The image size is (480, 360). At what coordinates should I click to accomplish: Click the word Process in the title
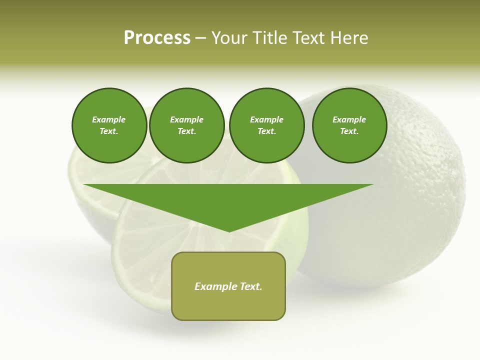tap(157, 37)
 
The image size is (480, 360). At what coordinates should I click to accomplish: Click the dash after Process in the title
tap(200, 38)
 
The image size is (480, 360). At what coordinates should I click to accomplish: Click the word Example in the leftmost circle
tap(109, 119)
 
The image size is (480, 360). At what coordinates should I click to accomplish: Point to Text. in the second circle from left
tap(187, 131)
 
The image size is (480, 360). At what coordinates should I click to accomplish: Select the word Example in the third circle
tap(267, 119)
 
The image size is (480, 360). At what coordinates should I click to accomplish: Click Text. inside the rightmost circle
tap(349, 131)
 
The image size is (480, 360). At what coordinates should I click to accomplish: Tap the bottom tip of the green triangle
tap(229, 230)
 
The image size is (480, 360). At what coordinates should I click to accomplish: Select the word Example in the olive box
tap(215, 286)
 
